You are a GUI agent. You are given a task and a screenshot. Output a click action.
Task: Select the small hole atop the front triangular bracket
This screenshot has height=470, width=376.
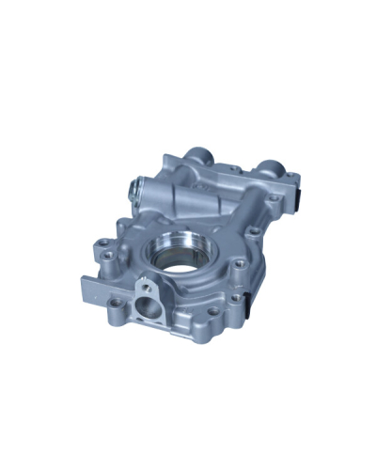(x=148, y=284)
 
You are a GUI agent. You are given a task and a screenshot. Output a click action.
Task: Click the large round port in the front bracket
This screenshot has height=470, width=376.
(x=147, y=306)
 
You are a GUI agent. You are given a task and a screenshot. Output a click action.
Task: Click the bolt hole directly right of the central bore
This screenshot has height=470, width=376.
(x=238, y=264)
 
